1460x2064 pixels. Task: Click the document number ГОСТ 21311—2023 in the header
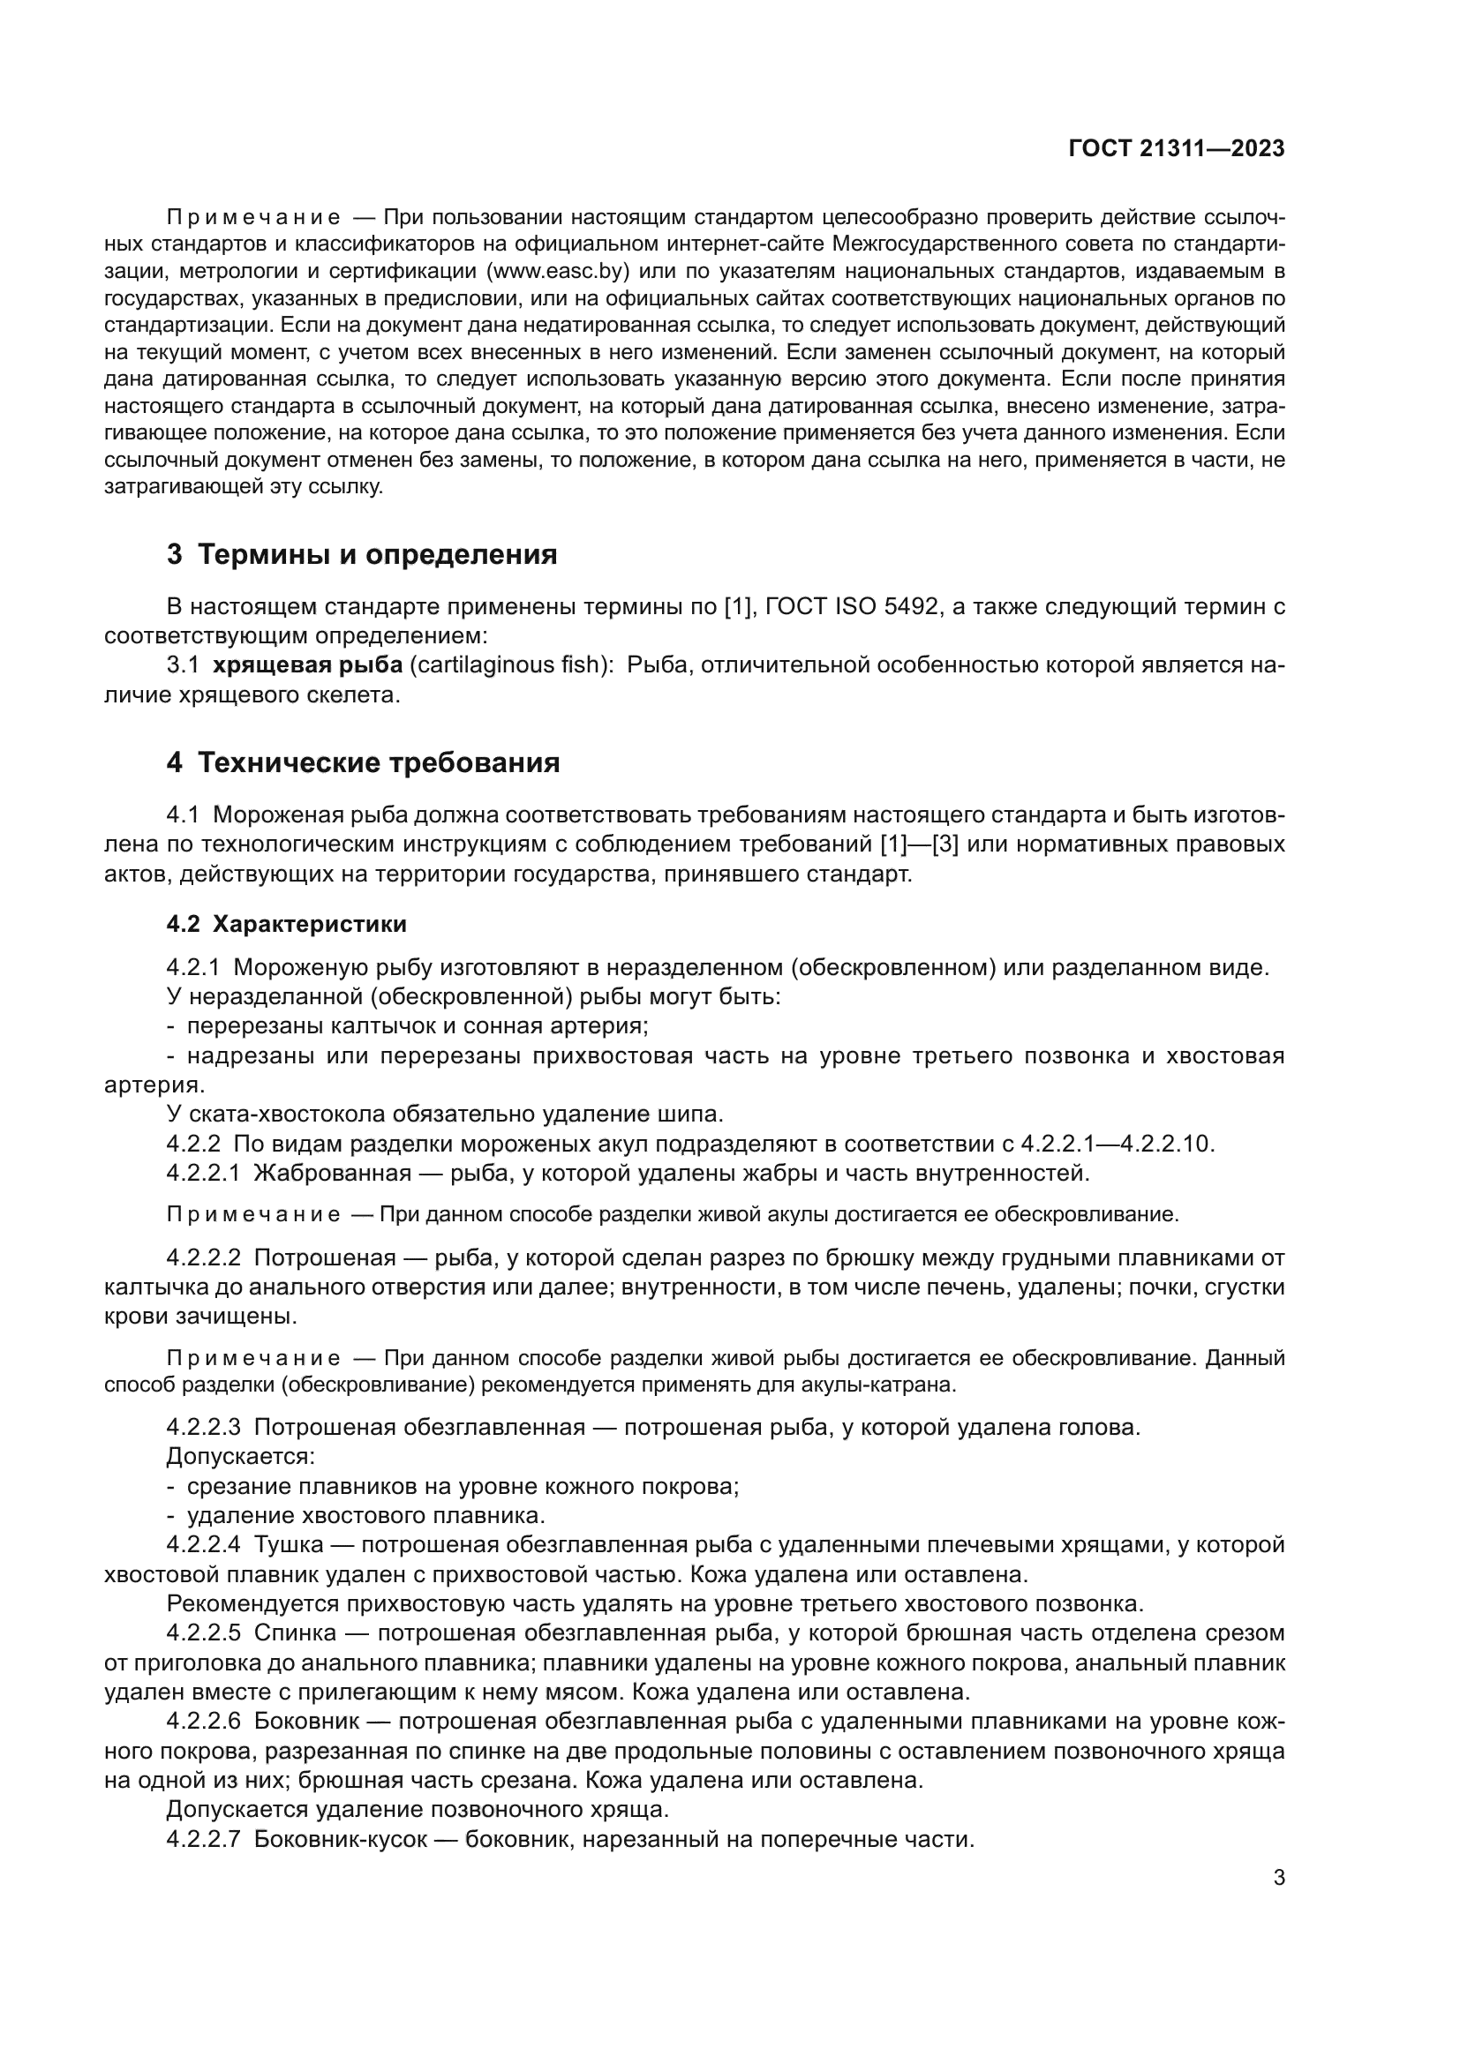[x=1176, y=149]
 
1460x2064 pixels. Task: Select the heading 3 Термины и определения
[x=361, y=555]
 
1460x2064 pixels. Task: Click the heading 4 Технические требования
[x=363, y=763]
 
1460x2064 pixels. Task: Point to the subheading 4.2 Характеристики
[x=286, y=924]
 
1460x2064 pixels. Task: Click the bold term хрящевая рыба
[x=307, y=665]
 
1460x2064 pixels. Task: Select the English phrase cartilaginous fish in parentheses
[x=510, y=665]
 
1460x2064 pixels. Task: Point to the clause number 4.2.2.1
[x=203, y=1173]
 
